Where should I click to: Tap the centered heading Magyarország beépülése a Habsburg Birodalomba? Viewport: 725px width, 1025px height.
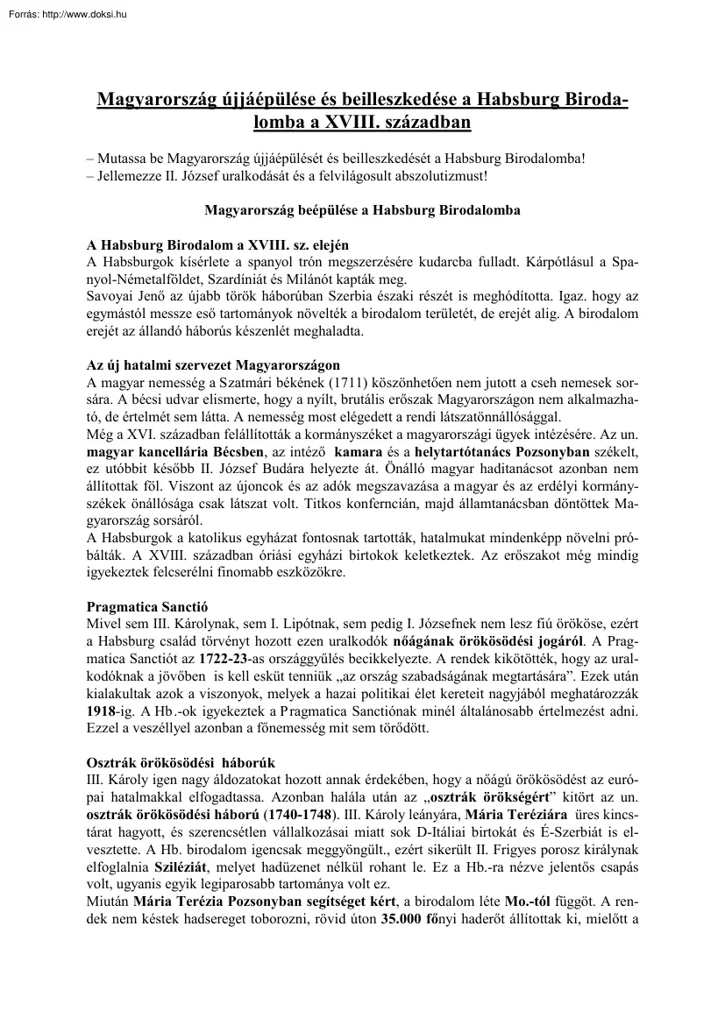click(x=362, y=210)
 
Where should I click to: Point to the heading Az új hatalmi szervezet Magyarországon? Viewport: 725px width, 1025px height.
click(x=213, y=364)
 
